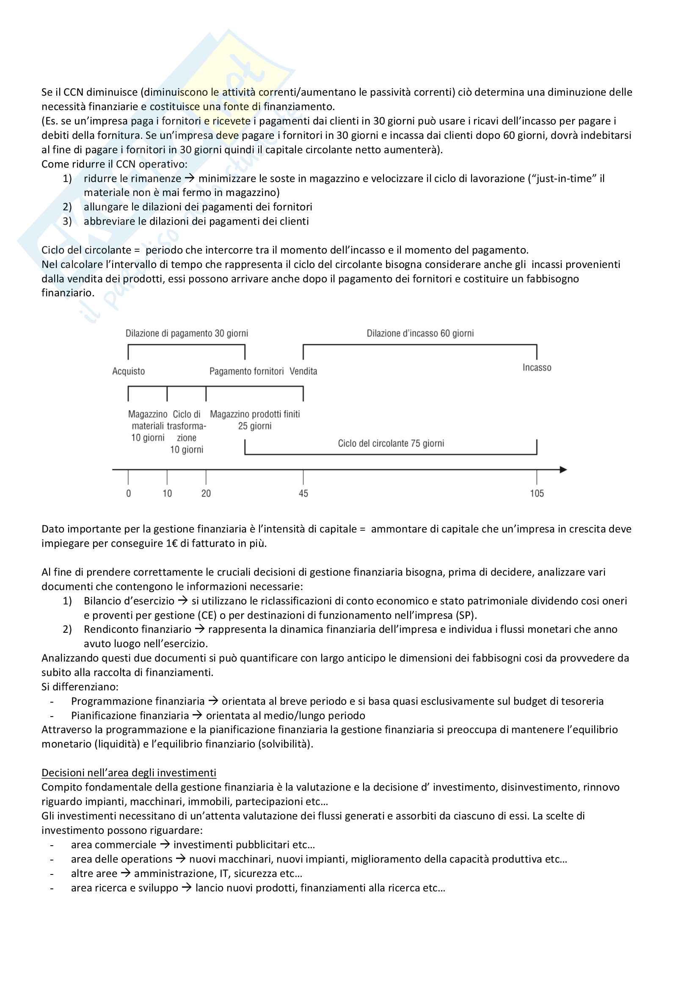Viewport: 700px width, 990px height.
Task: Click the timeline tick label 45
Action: coord(303,493)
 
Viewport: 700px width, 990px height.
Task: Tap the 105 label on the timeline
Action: coord(537,493)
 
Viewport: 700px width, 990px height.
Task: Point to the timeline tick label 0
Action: coord(129,493)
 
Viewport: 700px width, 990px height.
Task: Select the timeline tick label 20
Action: coord(206,493)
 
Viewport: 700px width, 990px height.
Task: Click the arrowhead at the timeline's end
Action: coord(563,469)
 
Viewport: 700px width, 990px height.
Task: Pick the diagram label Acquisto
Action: coord(129,371)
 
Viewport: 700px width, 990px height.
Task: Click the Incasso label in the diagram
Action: coord(537,367)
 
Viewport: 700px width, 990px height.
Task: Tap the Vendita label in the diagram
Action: coord(303,371)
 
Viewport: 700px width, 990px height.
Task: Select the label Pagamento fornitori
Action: coord(247,371)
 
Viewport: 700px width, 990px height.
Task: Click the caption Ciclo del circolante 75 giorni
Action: coord(391,443)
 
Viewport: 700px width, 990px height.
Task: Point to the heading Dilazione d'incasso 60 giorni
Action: coord(420,333)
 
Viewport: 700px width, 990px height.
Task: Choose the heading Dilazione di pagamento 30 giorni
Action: coord(187,333)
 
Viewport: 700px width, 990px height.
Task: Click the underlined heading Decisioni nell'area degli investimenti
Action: coord(129,773)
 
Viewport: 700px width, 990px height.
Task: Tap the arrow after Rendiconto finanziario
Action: coord(199,629)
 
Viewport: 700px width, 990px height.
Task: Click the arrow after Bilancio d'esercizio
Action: coord(183,601)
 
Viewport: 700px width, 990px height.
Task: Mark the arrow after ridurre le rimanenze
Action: coord(190,179)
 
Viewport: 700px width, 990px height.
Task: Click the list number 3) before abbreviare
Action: coord(67,221)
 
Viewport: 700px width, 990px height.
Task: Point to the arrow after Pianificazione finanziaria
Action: coord(197,715)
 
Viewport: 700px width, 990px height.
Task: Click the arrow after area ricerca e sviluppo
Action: coord(186,888)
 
